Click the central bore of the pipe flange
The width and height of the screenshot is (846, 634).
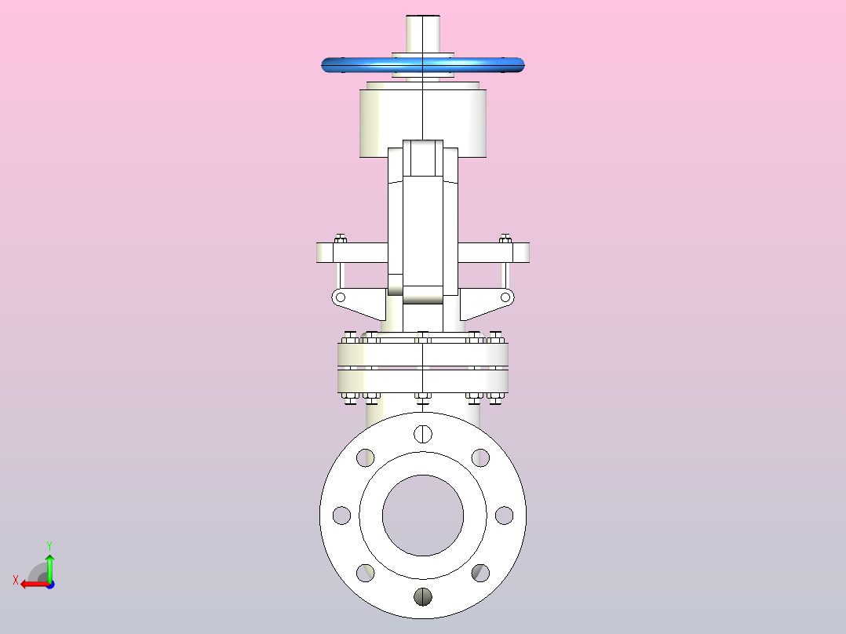(x=423, y=516)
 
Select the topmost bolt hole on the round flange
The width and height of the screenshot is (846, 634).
(x=423, y=433)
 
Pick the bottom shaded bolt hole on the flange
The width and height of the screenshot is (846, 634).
(x=423, y=597)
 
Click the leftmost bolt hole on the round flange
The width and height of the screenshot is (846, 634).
(x=341, y=516)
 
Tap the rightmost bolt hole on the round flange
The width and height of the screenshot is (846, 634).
(x=505, y=516)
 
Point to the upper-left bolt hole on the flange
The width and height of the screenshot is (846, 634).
(x=365, y=457)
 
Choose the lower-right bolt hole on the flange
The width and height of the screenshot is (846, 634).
(x=481, y=573)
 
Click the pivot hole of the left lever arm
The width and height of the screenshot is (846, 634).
(x=341, y=297)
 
